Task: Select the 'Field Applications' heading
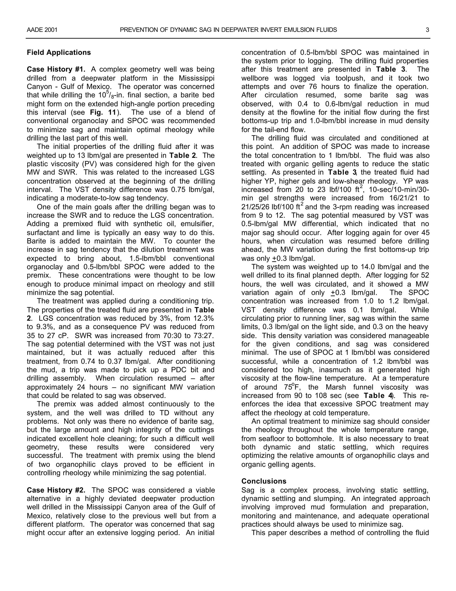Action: (59, 52)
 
